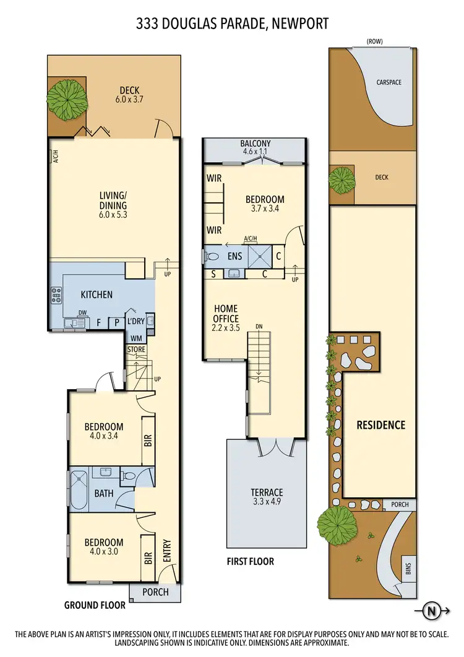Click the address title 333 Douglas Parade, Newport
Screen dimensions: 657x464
tap(232, 24)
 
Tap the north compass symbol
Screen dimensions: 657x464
tap(432, 612)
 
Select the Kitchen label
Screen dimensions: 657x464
tap(97, 294)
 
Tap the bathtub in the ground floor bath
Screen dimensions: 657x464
tap(79, 490)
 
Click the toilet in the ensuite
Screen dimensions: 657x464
tap(212, 255)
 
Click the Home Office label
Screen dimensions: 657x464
tap(226, 314)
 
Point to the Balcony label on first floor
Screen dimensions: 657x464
tap(256, 147)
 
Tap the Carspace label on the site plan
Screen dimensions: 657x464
tap(389, 82)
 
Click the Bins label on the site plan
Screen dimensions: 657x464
tap(407, 567)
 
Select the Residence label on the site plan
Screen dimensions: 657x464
tap(380, 425)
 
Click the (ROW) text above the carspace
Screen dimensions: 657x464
tap(375, 41)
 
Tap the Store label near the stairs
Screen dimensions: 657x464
tap(136, 350)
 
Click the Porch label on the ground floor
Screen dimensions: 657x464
tap(155, 591)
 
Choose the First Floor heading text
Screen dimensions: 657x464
tap(250, 562)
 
